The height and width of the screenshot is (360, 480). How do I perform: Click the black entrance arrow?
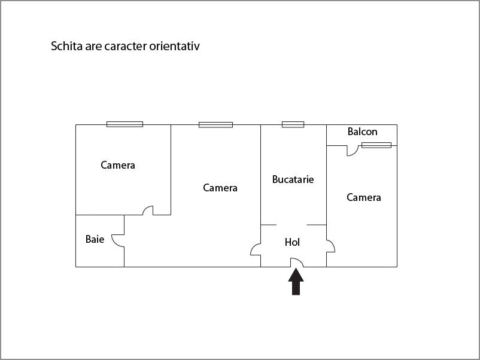[296, 282]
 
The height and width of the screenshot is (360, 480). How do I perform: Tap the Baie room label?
[95, 239]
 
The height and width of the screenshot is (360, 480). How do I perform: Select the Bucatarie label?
[293, 179]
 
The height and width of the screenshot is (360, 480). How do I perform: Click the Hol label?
[292, 242]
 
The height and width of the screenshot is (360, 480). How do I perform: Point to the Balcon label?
[363, 132]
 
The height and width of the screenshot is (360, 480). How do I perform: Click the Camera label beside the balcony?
[364, 197]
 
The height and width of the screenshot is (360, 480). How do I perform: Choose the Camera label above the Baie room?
[118, 165]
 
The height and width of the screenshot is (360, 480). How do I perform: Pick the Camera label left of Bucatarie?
[220, 188]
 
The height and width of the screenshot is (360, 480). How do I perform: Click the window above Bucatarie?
[293, 124]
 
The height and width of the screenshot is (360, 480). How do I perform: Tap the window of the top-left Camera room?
[124, 124]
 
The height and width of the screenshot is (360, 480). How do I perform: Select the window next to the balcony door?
[376, 145]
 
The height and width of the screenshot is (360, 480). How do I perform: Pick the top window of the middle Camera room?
[215, 125]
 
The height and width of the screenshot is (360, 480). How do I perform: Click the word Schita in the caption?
[66, 46]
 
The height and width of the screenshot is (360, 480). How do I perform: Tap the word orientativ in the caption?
[175, 46]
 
